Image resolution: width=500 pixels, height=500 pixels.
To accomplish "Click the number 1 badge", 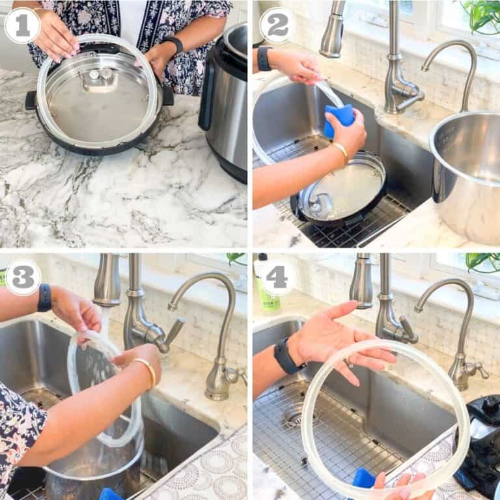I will tap(22, 25).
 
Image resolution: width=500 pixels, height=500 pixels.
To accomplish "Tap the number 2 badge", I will tap(277, 25).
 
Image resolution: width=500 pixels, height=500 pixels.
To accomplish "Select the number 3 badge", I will tap(22, 277).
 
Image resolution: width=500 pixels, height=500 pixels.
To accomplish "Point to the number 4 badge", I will tap(276, 277).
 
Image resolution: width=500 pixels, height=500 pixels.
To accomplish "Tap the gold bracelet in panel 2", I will tap(341, 153).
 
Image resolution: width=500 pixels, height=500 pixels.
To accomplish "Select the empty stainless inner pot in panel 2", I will tap(465, 169).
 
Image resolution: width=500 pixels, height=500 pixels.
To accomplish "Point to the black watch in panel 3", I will tap(44, 298).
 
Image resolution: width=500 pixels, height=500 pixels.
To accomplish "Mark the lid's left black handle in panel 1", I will tap(31, 100).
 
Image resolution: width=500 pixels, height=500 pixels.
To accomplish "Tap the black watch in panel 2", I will tap(264, 59).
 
